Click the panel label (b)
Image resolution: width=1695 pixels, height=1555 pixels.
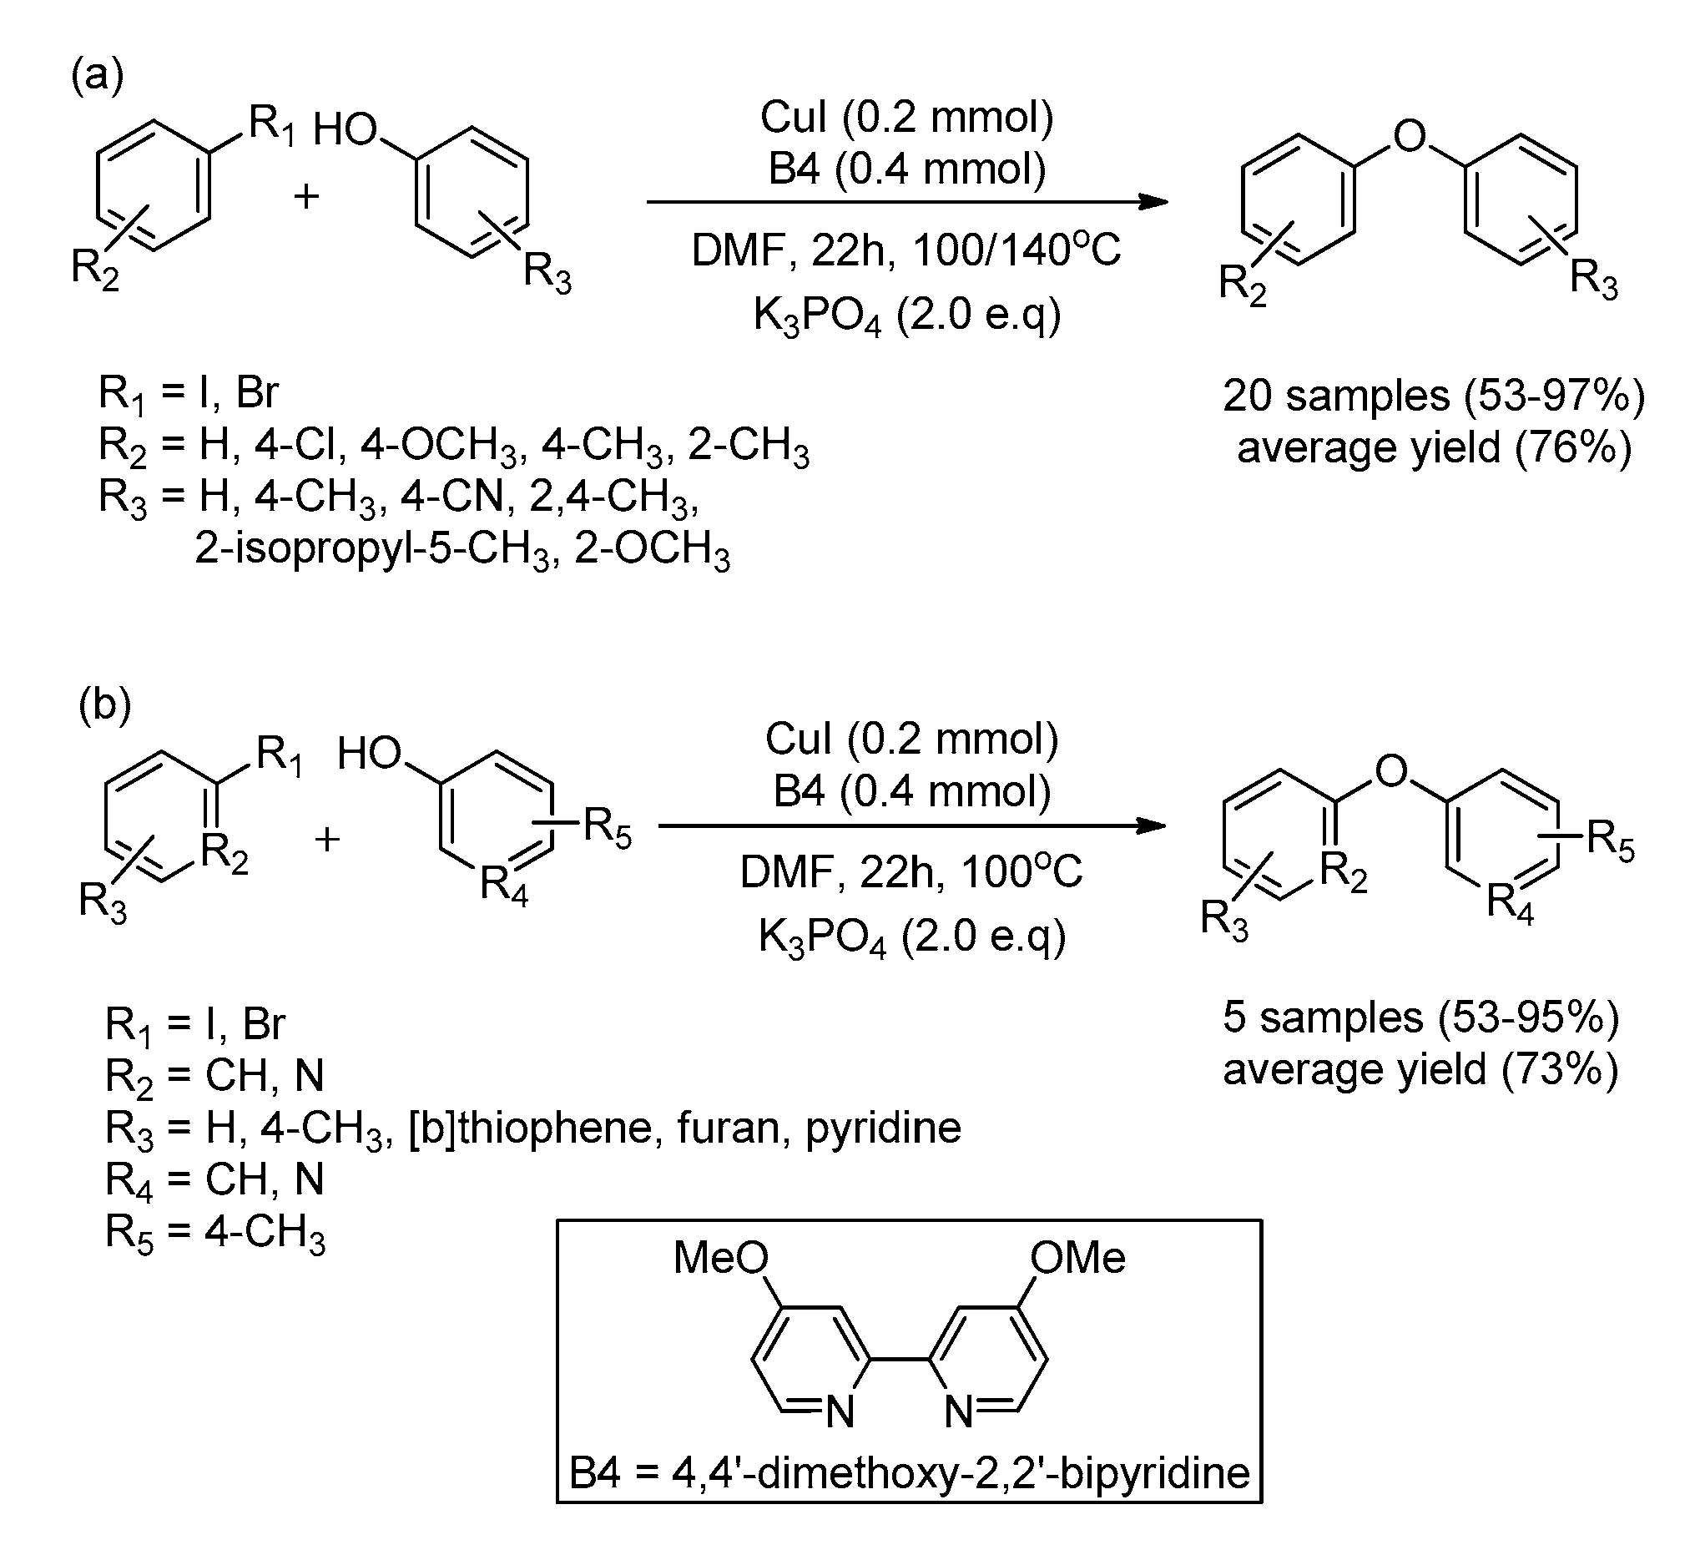pos(105,704)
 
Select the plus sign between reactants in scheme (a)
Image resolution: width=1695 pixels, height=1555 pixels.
pos(306,197)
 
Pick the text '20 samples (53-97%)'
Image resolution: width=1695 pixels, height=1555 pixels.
pos(1434,396)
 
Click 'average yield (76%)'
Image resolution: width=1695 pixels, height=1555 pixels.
pos(1434,447)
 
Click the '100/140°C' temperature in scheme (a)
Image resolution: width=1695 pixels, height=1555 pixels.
pos(1016,250)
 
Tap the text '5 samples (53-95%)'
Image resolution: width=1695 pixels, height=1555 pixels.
pos(1420,1017)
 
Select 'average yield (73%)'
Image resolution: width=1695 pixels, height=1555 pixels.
pos(1420,1069)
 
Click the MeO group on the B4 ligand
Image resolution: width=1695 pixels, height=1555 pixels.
pos(721,1259)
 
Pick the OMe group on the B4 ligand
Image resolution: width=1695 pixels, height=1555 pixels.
pos(1077,1259)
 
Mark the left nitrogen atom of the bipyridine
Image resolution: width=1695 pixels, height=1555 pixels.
pos(840,1412)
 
